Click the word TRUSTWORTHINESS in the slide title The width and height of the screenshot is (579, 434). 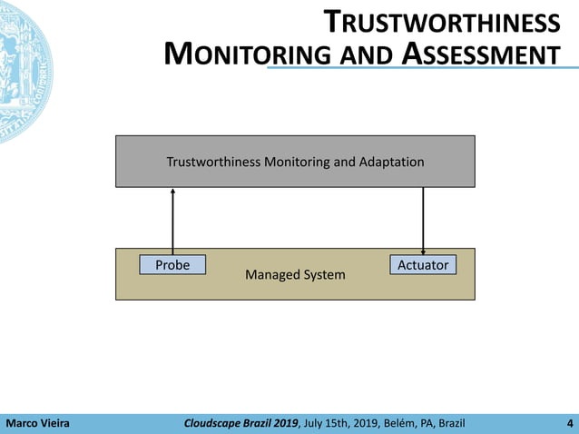tap(442, 23)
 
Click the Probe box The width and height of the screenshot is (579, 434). tap(172, 265)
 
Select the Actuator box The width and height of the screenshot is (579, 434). tap(424, 265)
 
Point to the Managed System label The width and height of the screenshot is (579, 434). tap(295, 274)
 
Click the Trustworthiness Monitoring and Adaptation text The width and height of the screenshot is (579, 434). tap(295, 163)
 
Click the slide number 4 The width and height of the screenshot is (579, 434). tap(568, 423)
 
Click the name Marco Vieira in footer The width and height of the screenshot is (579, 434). tap(38, 423)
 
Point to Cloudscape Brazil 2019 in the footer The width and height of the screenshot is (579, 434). tap(240, 423)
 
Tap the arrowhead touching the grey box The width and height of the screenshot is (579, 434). tap(172, 191)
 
